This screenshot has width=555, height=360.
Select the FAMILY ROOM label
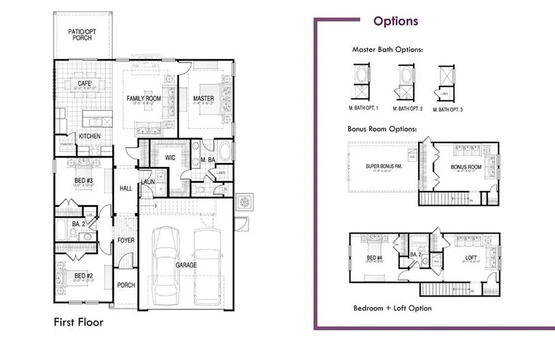143,99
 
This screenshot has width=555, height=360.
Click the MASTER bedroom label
203,99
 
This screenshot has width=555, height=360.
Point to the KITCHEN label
90,136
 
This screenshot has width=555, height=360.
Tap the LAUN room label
147,182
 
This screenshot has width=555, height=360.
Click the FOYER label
126,241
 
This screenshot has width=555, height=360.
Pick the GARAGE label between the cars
185,265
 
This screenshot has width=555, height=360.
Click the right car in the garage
208,264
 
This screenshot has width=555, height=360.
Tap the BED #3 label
81,179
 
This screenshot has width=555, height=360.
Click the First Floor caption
78,322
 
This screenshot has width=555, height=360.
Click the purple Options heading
395,22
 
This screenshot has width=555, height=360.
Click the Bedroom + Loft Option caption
392,308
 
